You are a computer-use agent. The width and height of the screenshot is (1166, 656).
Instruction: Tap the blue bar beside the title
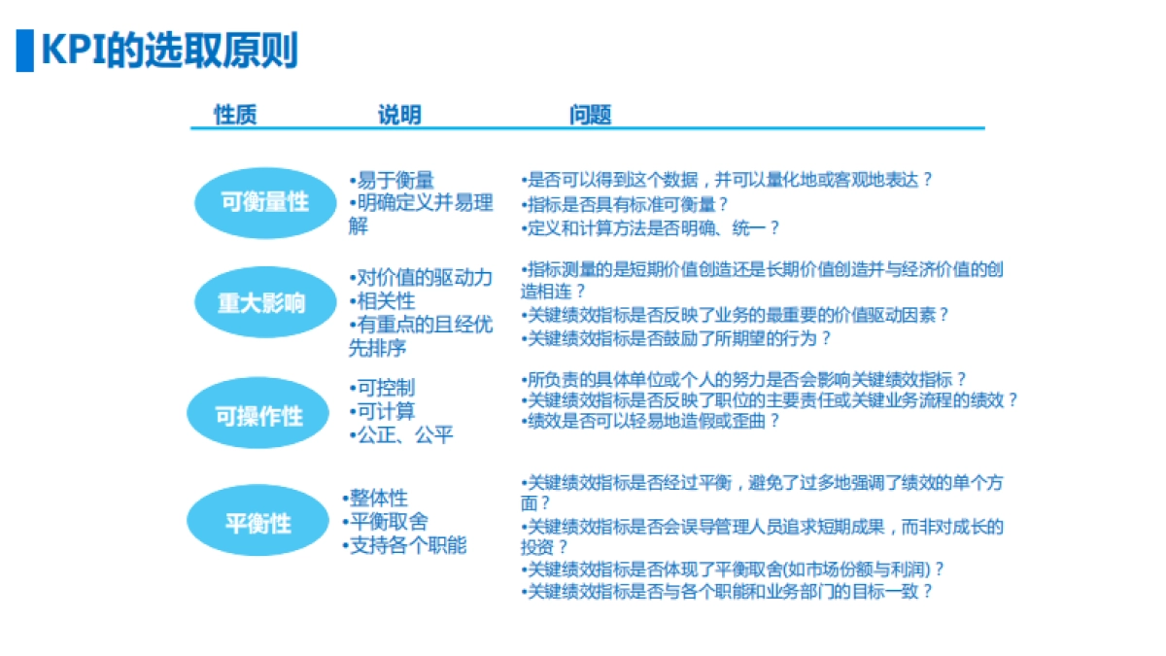[x=24, y=50]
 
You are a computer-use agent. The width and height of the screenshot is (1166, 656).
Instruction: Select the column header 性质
[x=236, y=115]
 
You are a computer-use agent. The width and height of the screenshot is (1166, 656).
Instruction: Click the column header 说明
[x=399, y=115]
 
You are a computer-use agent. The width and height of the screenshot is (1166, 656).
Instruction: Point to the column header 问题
[x=591, y=115]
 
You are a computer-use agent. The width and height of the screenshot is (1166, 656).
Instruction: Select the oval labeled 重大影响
[x=261, y=302]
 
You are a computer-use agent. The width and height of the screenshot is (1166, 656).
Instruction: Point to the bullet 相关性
[x=383, y=301]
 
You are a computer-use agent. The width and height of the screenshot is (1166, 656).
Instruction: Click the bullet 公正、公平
[x=401, y=435]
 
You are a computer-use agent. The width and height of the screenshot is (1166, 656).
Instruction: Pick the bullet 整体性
[x=376, y=499]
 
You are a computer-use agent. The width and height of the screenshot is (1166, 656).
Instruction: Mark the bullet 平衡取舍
[x=386, y=522]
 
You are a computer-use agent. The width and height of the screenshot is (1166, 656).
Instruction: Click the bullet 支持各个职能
[x=405, y=545]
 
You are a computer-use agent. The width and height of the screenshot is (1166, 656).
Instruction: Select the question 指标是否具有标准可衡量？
[x=626, y=204]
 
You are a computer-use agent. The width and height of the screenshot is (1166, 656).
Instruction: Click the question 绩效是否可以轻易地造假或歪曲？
[x=651, y=422]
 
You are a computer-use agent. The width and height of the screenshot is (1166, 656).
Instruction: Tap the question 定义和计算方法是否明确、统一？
[x=651, y=228]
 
